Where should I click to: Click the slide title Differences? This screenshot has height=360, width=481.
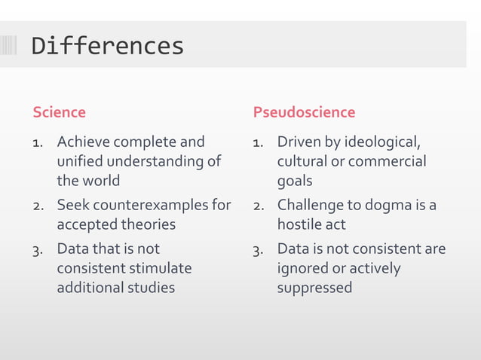[108, 46]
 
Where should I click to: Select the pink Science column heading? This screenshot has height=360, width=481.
[59, 112]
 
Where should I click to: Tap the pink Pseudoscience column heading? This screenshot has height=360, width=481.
[304, 112]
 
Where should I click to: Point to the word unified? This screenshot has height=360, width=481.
[80, 161]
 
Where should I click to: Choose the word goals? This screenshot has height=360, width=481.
[295, 182]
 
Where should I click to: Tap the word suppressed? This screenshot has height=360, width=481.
[314, 288]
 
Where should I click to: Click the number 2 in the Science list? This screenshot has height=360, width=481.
[38, 206]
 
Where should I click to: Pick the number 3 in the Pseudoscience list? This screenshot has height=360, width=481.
[257, 249]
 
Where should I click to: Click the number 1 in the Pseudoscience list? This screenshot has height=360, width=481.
[257, 142]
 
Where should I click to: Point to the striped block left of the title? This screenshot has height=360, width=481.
[8, 46]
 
